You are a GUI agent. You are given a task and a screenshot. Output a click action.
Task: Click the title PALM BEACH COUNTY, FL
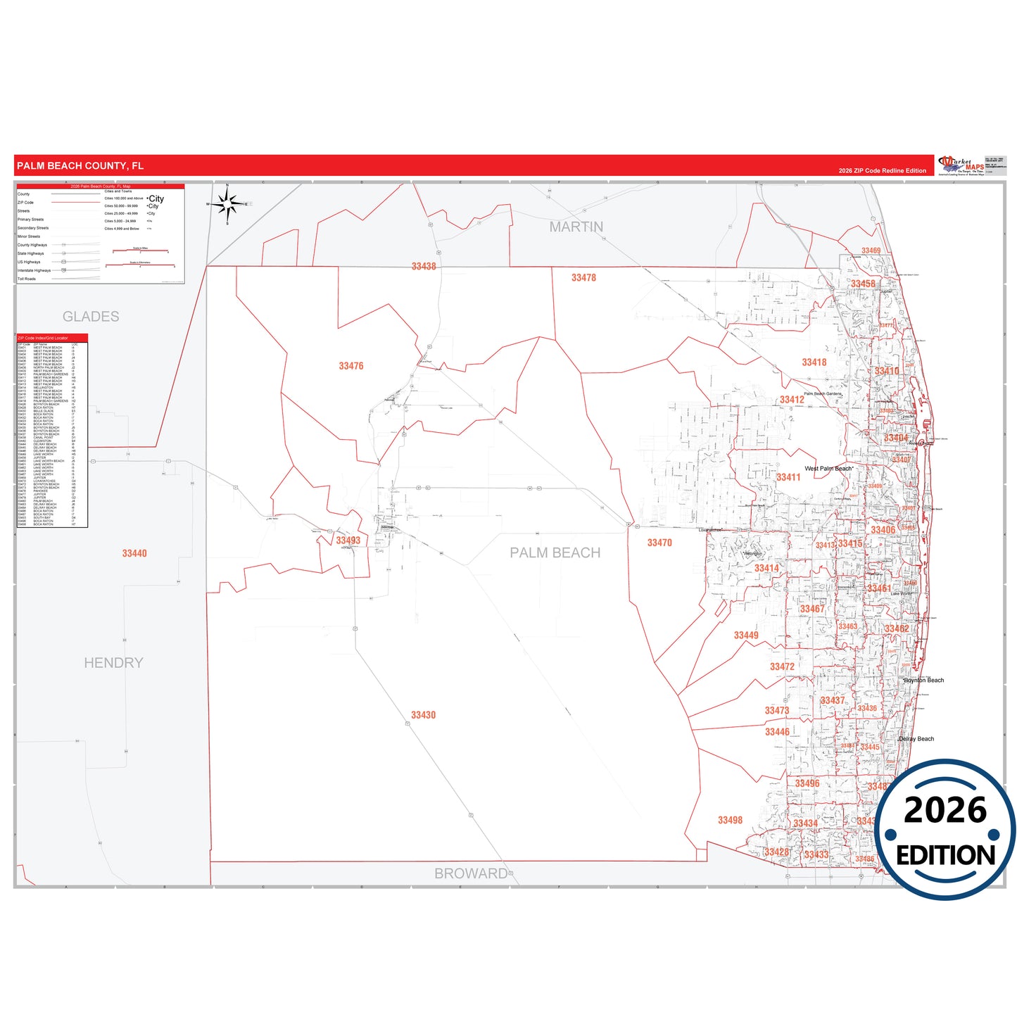tap(80, 166)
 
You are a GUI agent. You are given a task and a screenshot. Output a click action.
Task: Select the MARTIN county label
tap(576, 227)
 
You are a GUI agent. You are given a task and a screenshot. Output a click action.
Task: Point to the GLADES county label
tap(91, 317)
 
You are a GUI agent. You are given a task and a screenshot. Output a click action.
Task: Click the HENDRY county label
tap(113, 663)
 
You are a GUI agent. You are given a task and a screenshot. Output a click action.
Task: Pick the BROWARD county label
tap(471, 873)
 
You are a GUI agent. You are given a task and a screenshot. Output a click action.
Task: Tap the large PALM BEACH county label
tap(555, 553)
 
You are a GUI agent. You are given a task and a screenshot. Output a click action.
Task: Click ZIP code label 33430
tap(423, 715)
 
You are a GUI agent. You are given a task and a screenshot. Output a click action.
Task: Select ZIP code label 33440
tap(134, 553)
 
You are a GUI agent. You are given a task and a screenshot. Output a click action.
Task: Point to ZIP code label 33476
tap(351, 366)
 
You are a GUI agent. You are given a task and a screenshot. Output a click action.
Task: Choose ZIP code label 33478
tap(583, 278)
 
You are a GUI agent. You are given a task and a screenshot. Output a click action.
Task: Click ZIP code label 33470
tap(659, 543)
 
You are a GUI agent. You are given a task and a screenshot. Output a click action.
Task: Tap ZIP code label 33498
tap(730, 820)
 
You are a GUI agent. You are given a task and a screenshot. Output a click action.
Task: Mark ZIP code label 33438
tap(424, 266)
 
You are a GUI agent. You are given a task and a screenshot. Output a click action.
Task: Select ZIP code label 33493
tap(348, 541)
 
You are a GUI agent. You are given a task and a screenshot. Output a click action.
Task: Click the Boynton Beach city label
tap(924, 681)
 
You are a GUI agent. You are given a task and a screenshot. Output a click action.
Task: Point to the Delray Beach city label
tap(916, 739)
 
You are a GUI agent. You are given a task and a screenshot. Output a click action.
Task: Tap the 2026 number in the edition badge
tap(945, 810)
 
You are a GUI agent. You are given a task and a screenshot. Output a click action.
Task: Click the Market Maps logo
tap(961, 165)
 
